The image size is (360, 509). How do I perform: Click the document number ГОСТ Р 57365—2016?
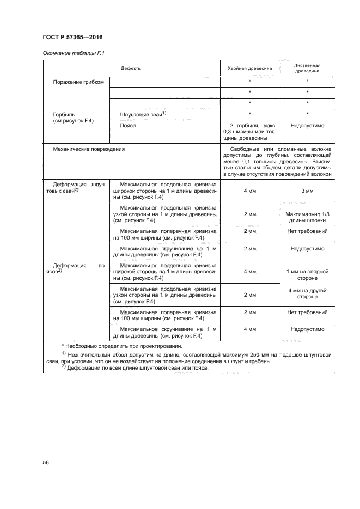pyautogui.click(x=72, y=37)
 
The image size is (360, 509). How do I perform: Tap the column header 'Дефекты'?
pyautogui.click(x=131, y=68)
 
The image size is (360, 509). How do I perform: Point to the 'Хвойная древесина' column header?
pyautogui.click(x=249, y=68)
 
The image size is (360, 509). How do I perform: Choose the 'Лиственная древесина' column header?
pyautogui.click(x=307, y=68)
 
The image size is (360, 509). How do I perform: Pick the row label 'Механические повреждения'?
pyautogui.click(x=89, y=148)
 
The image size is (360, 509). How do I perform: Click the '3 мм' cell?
pyautogui.click(x=307, y=191)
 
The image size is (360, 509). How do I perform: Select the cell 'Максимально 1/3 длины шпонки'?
pyautogui.click(x=307, y=217)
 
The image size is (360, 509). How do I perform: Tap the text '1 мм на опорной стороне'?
pyautogui.click(x=307, y=274)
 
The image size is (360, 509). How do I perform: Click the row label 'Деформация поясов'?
pyautogui.click(x=76, y=269)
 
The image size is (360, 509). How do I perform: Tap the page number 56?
pyautogui.click(x=46, y=462)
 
